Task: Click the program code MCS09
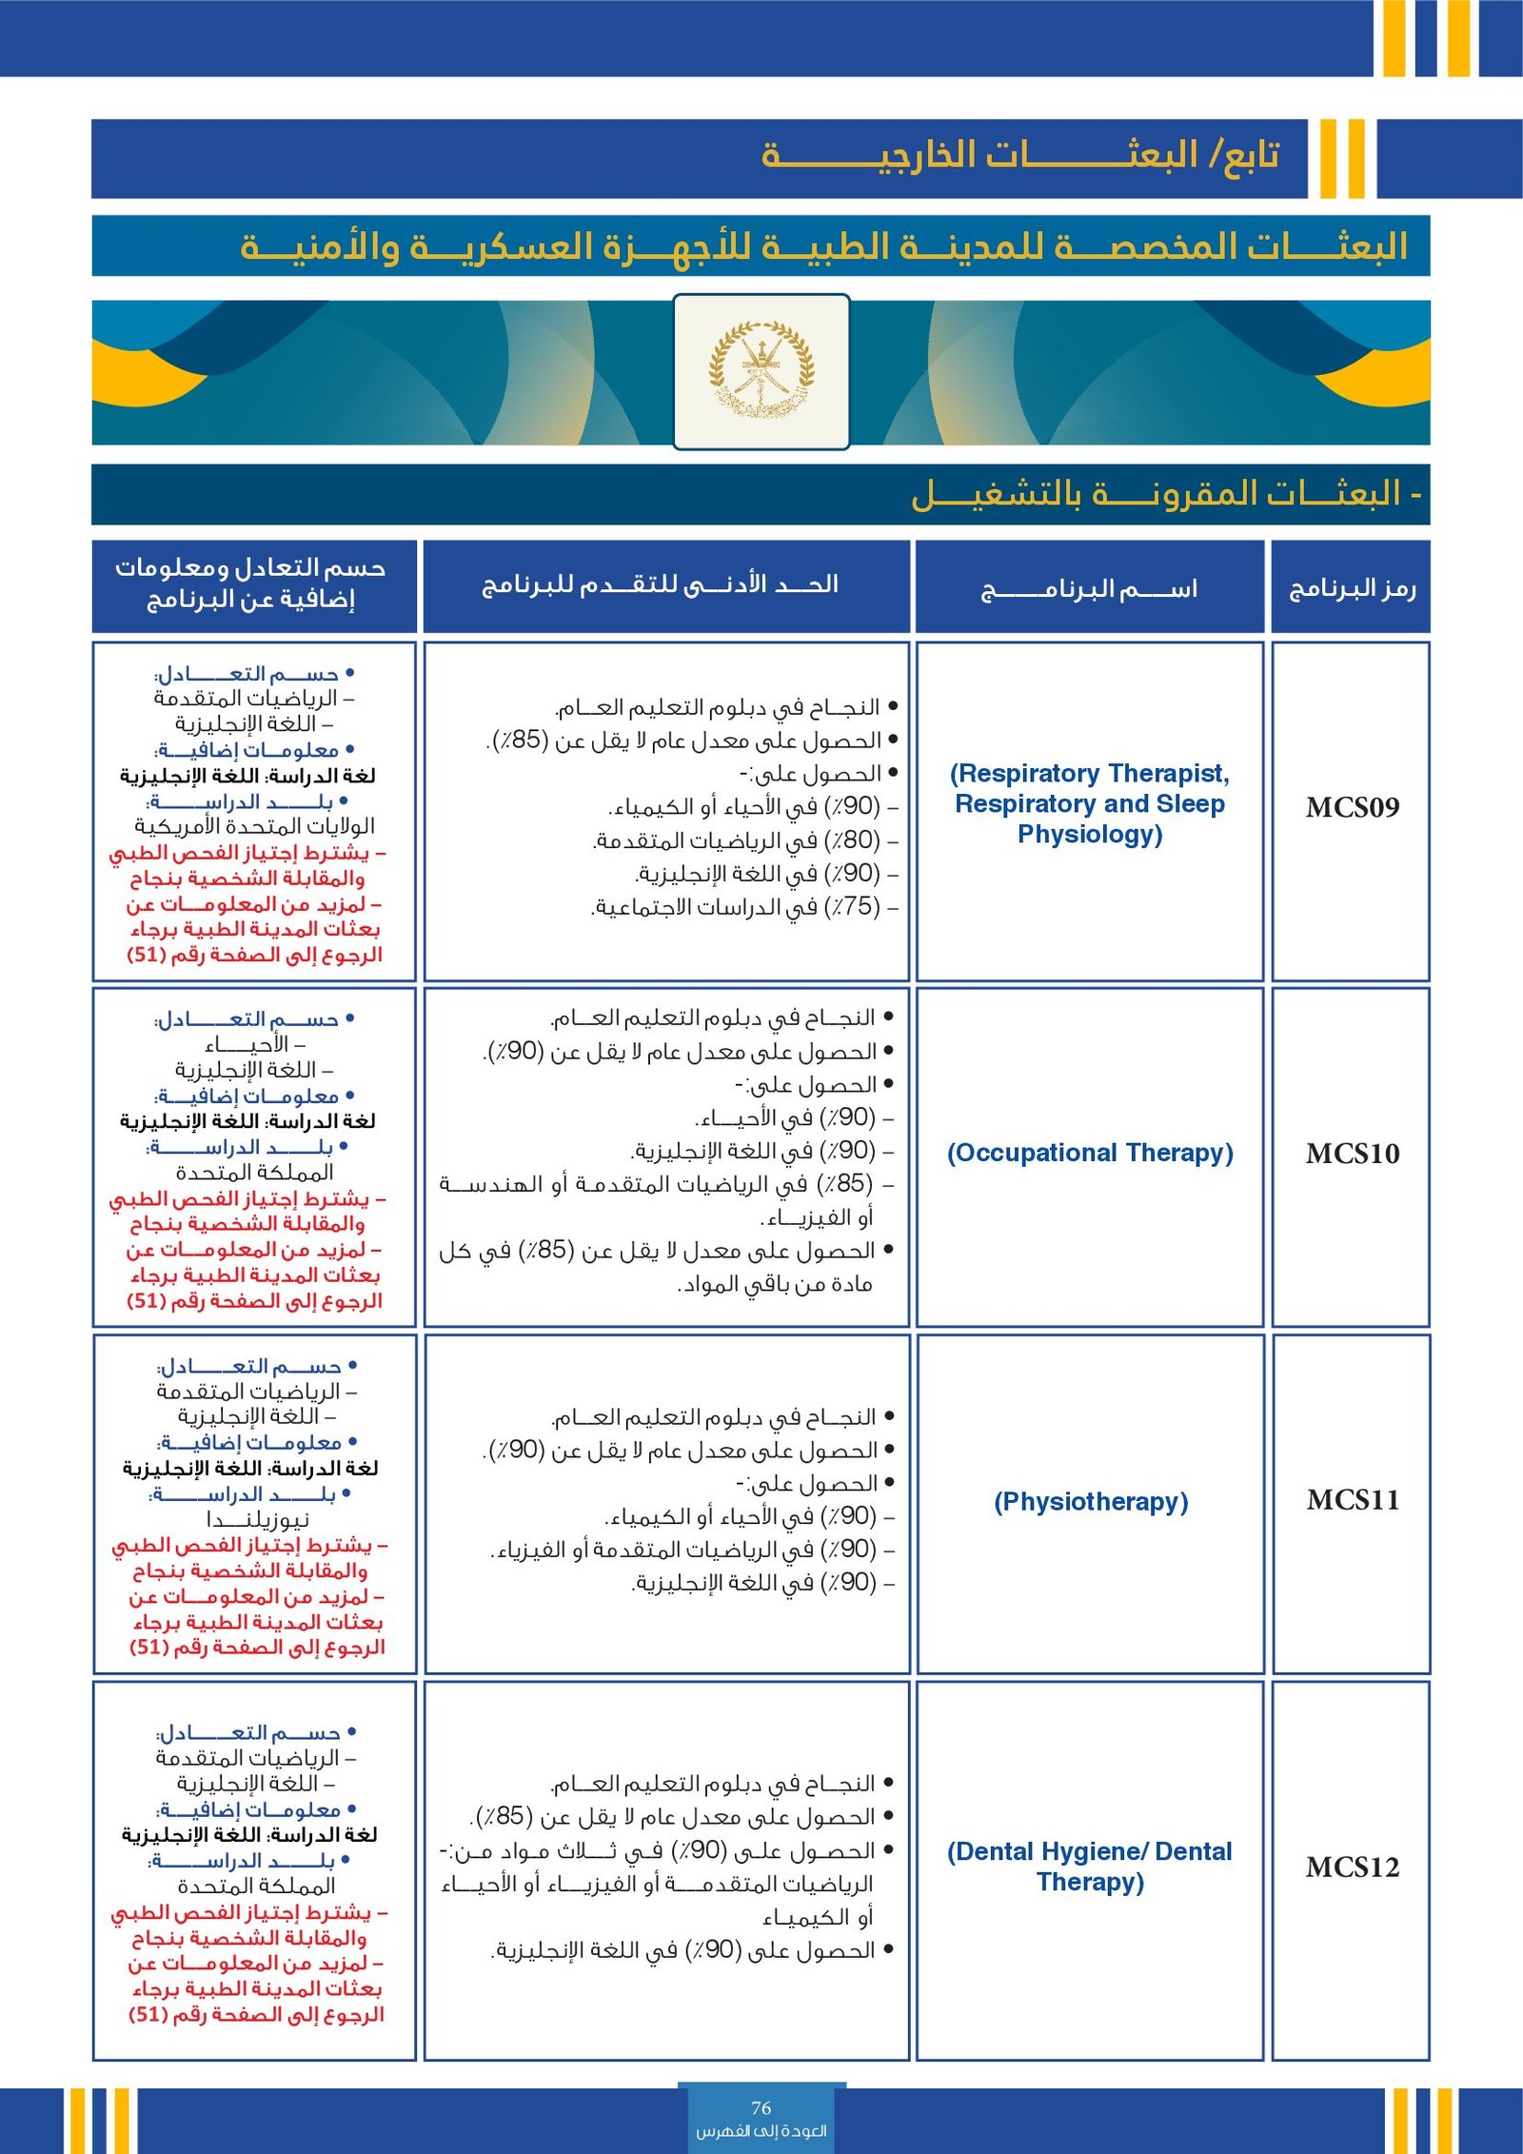coord(1352,808)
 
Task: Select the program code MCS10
coord(1352,1154)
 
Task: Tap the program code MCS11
coord(1352,1500)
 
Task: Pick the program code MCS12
coord(1352,1867)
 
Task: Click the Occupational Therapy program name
coord(1090,1153)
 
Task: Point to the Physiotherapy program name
coord(1091,1501)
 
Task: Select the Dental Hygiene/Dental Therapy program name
coord(1090,1866)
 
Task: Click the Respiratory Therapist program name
coord(1090,803)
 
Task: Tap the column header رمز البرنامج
coord(1352,588)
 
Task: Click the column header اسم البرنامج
coord(1089,588)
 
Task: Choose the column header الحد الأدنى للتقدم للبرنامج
coord(661,584)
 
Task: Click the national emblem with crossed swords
coord(761,370)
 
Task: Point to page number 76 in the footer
coord(761,2108)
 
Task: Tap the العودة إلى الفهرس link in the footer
coord(761,2131)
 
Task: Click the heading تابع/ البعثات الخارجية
coord(1019,155)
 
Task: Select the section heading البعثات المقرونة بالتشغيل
coord(1166,494)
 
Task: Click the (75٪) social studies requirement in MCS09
coord(743,907)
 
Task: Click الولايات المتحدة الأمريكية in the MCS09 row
coord(254,826)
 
